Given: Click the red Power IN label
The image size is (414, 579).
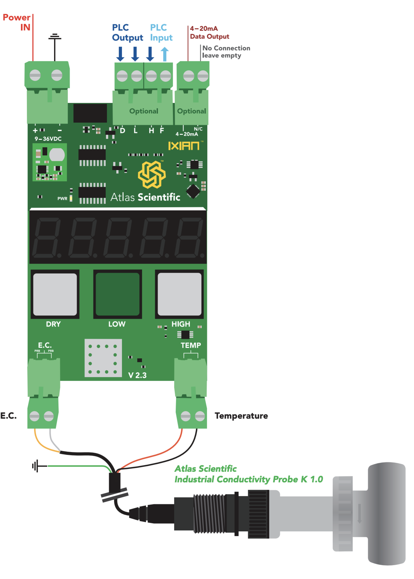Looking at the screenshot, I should tap(17, 23).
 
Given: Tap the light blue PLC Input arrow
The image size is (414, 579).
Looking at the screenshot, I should tap(165, 54).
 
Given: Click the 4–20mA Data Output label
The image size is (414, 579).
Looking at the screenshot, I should tap(209, 33).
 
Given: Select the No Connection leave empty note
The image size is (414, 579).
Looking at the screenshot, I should tap(226, 52).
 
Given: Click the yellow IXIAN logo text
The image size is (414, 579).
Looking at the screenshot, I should tap(183, 146).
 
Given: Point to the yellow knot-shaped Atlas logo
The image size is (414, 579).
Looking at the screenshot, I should tap(152, 174).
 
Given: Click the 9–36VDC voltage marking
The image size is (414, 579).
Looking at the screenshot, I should tap(48, 139).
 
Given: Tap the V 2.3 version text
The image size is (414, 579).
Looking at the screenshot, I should tap(137, 375).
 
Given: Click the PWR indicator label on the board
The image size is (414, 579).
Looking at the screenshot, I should tap(62, 199).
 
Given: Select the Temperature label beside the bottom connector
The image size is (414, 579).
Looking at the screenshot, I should tap(241, 416).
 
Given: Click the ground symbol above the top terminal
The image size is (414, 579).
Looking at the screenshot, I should tap(55, 37).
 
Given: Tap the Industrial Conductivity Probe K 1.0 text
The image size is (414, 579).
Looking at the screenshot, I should tap(249, 479).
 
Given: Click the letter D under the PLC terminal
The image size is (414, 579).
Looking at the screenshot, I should tap(123, 131).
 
